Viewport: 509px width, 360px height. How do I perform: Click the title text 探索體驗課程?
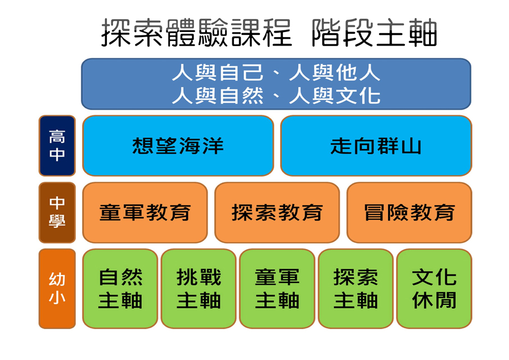[197, 33]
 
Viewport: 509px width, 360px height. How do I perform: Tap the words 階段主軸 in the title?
[374, 33]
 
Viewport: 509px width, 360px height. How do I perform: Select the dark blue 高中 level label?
[57, 146]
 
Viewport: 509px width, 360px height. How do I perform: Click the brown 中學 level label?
[57, 213]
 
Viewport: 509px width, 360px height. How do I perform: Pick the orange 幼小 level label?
[57, 289]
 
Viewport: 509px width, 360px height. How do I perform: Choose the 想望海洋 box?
[178, 146]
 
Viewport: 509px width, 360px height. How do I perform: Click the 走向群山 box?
[376, 146]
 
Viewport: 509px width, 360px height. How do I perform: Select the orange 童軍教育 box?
[145, 213]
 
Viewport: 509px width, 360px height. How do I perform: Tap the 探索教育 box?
[277, 213]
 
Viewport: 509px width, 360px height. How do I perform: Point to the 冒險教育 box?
[409, 213]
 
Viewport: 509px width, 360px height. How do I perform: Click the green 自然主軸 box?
[120, 289]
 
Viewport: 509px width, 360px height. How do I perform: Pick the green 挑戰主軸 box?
[199, 289]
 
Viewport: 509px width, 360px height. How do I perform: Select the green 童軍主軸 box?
[277, 289]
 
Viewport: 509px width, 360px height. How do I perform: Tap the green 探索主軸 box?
[355, 289]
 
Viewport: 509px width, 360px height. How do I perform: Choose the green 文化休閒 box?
[434, 289]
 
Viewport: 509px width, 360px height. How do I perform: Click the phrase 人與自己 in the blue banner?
[218, 73]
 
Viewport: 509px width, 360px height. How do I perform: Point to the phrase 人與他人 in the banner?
[335, 73]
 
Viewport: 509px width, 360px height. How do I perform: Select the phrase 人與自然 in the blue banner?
[218, 96]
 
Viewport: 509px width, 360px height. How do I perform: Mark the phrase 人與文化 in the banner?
[335, 96]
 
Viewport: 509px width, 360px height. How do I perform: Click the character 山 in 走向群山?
[411, 146]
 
